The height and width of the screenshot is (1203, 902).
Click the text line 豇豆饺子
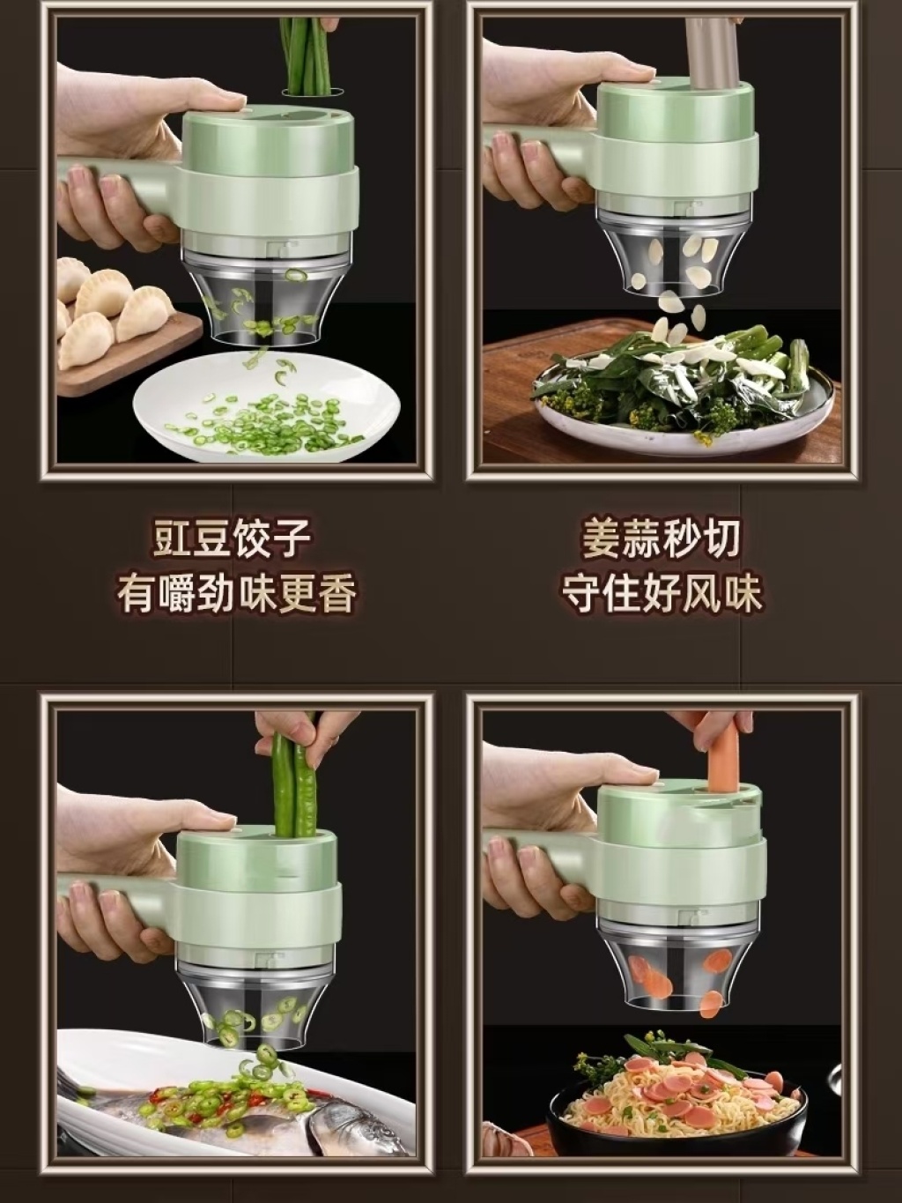233,538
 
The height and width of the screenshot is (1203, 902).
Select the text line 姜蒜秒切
661,538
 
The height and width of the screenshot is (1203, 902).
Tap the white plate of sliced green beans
267,407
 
